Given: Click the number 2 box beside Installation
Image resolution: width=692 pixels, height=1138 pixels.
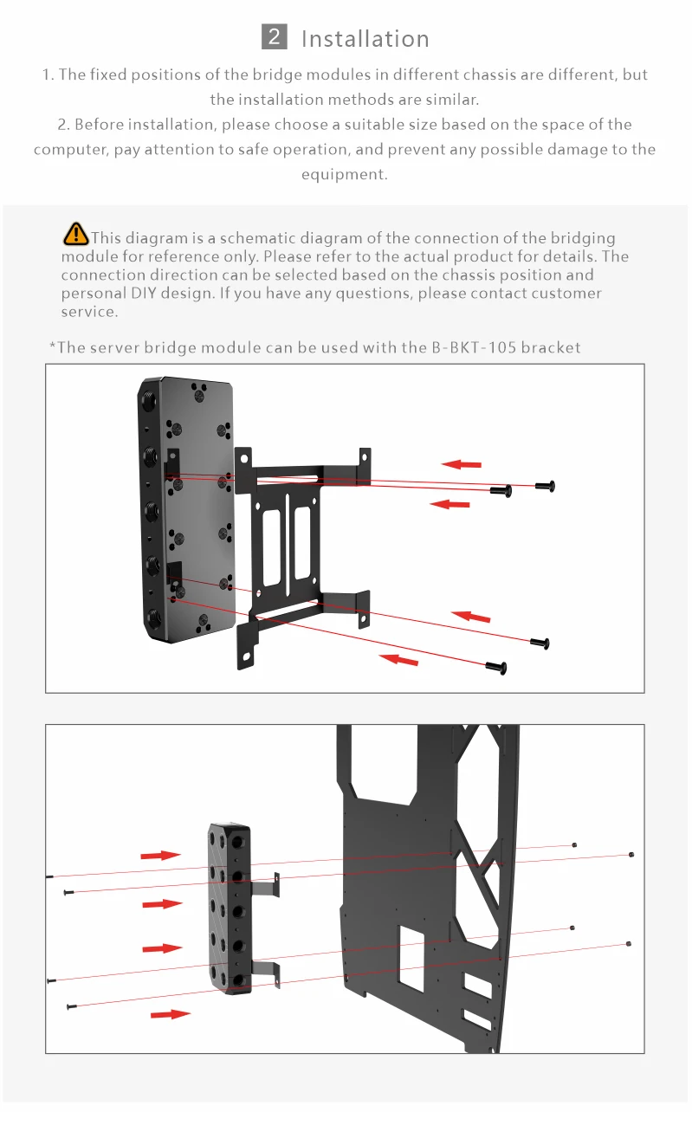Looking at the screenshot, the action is click(275, 36).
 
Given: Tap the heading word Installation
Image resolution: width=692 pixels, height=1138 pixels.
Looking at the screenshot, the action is click(365, 39).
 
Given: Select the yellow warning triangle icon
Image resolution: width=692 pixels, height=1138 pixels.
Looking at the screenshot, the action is click(75, 234).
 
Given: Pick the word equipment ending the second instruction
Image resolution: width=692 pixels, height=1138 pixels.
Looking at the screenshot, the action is click(345, 174).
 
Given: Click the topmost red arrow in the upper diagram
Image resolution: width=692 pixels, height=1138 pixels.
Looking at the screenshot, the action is click(462, 464).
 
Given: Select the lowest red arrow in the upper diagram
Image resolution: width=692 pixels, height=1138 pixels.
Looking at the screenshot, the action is click(399, 659).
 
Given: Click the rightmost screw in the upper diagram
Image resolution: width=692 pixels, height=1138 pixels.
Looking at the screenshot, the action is click(546, 486).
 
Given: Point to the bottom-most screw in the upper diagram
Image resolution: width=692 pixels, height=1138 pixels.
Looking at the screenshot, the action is click(496, 668).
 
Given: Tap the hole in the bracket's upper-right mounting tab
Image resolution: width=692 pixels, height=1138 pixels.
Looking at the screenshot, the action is click(365, 457).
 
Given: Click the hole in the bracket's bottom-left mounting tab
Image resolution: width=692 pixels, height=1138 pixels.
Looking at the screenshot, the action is click(247, 657).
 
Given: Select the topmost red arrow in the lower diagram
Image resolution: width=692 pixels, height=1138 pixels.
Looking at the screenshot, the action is click(160, 856).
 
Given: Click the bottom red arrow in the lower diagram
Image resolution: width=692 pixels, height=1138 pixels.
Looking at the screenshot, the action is click(171, 1014).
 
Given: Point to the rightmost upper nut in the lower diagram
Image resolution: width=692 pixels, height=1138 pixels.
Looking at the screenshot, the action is click(631, 855).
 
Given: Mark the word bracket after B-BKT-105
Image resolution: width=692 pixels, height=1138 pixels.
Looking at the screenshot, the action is click(551, 347).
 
